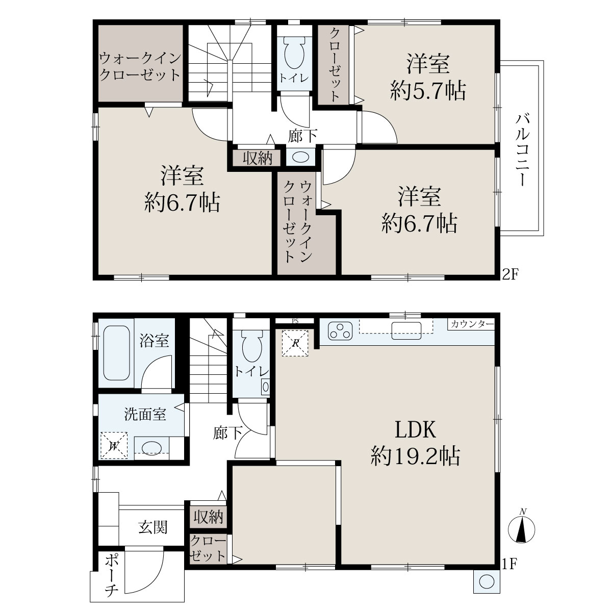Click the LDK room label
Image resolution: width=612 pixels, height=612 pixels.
click(x=415, y=430)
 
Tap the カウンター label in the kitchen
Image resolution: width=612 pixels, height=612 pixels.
click(x=472, y=324)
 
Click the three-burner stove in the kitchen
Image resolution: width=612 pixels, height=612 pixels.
click(x=340, y=331)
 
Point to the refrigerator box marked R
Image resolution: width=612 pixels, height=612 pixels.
click(x=295, y=343)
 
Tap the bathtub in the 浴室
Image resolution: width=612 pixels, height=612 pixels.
click(x=117, y=353)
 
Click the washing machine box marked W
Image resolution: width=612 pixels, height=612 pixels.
click(x=114, y=446)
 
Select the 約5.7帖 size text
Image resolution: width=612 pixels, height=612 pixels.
click(x=427, y=91)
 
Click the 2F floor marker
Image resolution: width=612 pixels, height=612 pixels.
click(x=511, y=274)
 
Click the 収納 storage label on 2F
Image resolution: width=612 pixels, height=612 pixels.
click(x=258, y=158)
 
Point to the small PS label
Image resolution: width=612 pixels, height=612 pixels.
click(x=295, y=321)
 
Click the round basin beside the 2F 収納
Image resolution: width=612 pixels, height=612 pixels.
click(x=300, y=157)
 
